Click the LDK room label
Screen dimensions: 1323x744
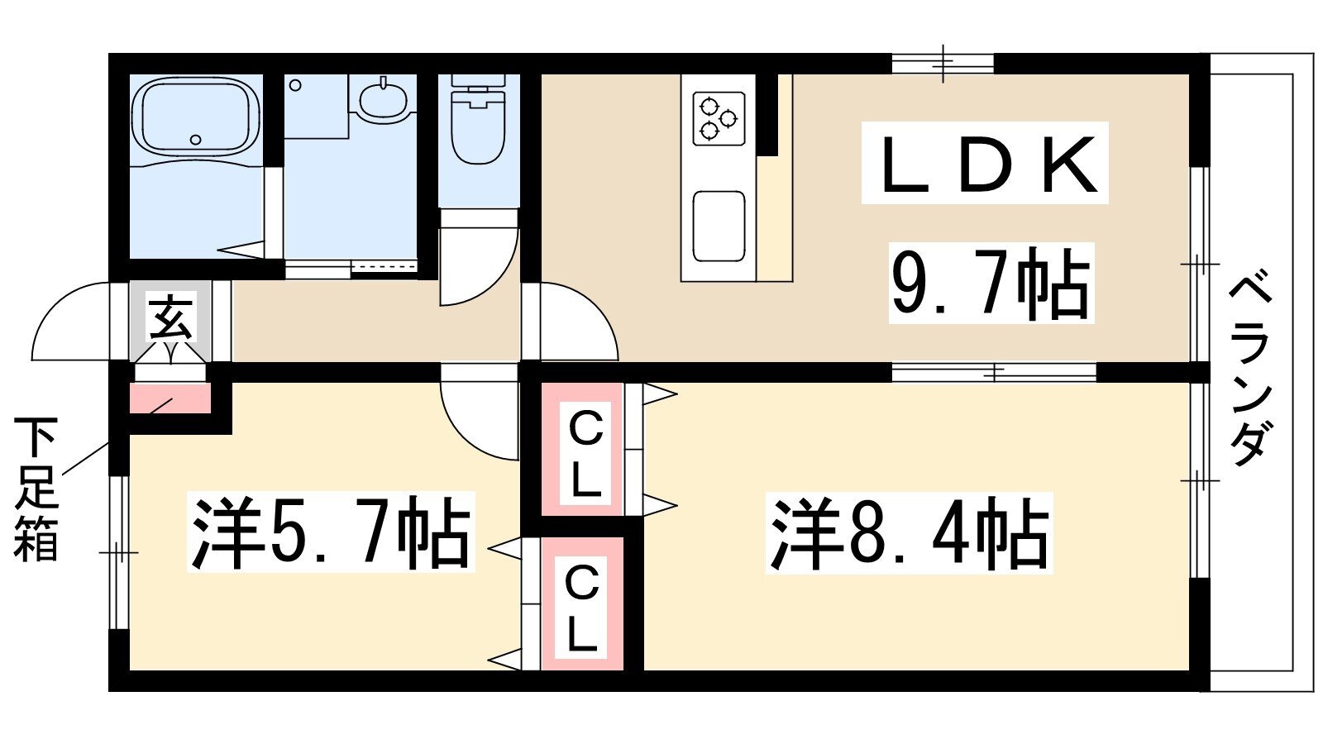[985, 163]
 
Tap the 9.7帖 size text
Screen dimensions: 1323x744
[991, 284]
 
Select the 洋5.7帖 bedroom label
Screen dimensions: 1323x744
[331, 532]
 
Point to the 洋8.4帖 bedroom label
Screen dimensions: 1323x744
[909, 533]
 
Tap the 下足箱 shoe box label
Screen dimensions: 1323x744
[36, 489]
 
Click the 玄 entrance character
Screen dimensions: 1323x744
[170, 319]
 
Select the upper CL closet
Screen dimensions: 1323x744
[582, 449]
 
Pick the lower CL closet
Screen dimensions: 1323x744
[582, 603]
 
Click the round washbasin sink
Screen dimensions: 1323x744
[384, 100]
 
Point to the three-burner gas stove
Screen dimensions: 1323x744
[719, 118]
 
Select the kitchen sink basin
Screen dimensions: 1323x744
[719, 227]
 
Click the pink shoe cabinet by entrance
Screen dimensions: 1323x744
[170, 398]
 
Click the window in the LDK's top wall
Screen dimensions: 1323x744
[943, 63]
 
